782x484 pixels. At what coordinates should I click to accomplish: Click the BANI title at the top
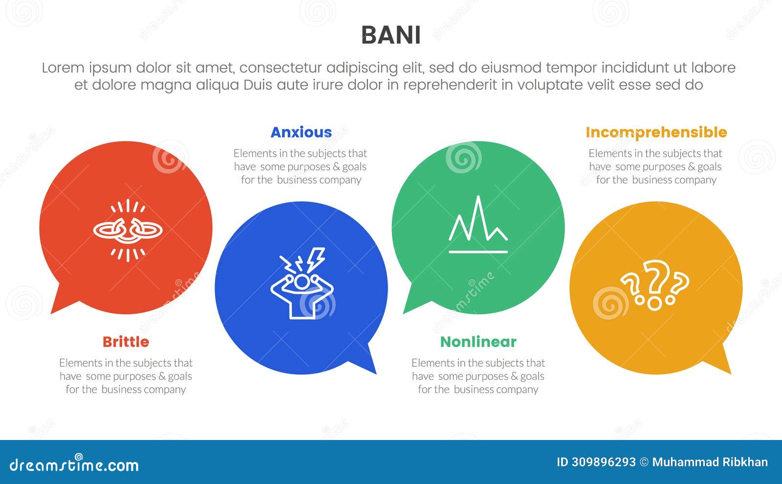point(391,35)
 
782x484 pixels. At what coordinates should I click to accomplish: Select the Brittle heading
point(126,342)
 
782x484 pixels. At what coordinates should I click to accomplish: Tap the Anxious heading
point(301,132)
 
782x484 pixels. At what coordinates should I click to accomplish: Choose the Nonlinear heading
point(478,342)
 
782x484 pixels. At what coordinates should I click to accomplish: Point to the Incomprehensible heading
point(656,132)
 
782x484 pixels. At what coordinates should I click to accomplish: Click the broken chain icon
point(128,230)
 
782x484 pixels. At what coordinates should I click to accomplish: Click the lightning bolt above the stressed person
point(316,258)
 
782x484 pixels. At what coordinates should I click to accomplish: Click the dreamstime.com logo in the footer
point(74,464)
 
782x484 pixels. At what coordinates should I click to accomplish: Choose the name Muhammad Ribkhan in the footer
point(710,462)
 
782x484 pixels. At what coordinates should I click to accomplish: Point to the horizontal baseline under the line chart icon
point(478,252)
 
